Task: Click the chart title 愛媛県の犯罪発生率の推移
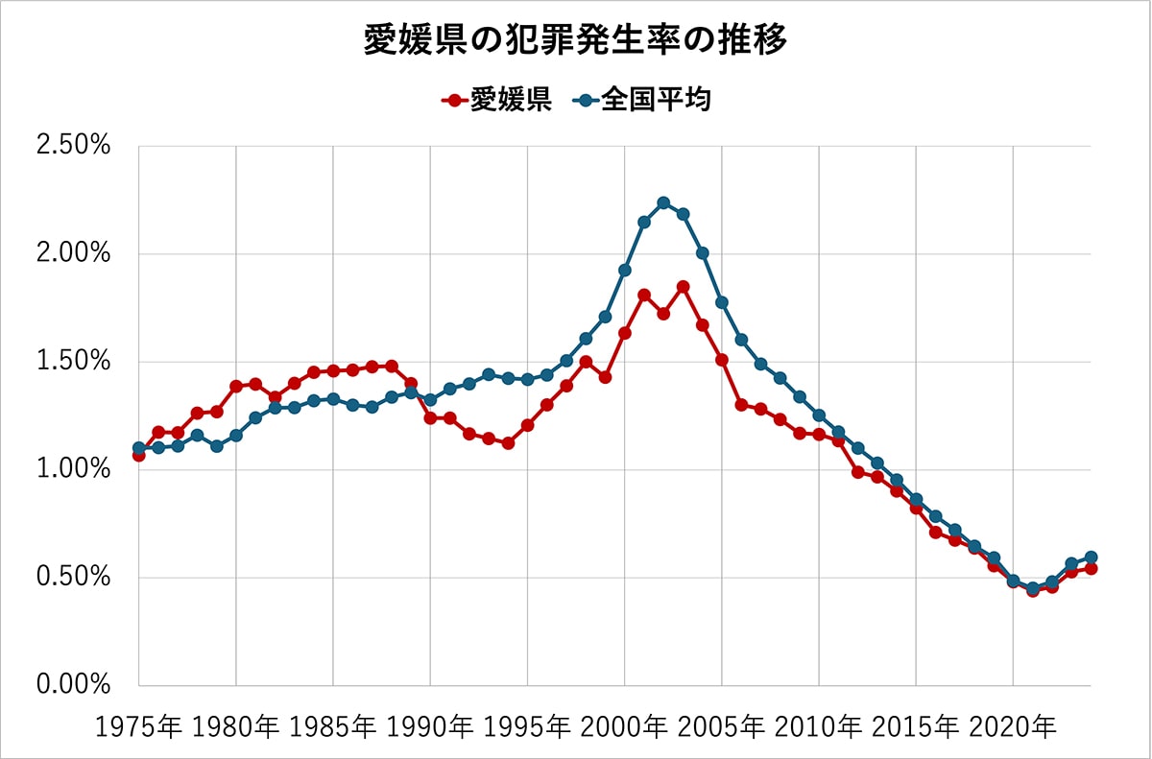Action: [575, 40]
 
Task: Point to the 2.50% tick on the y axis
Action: [73, 147]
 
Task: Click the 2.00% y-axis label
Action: [73, 254]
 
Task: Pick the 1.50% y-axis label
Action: [73, 363]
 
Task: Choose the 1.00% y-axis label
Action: [73, 470]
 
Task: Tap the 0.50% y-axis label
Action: [73, 578]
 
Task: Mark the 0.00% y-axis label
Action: [73, 685]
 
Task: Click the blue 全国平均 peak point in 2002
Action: [663, 203]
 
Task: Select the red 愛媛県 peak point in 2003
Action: [683, 287]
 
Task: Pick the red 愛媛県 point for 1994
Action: [508, 443]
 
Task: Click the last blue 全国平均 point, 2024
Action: [1091, 557]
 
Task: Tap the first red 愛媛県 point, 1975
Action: [139, 455]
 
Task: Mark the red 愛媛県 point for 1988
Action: [392, 366]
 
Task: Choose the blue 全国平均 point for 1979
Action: [217, 446]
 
